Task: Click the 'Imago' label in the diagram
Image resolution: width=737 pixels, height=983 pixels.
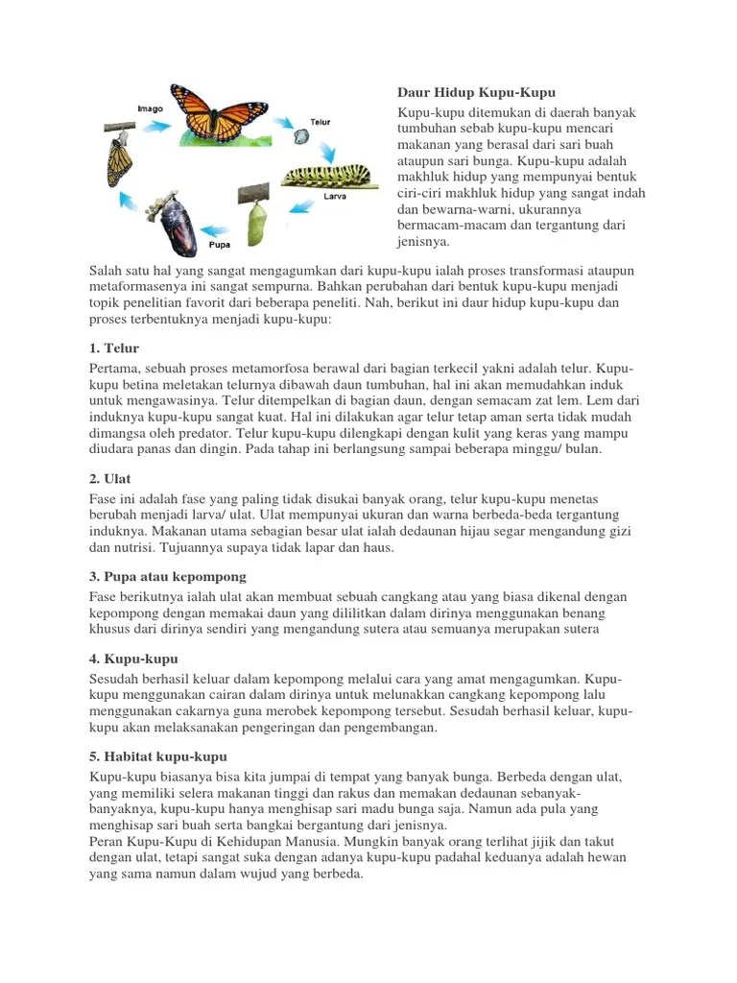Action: click(150, 109)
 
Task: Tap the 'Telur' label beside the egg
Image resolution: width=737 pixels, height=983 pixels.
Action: click(321, 123)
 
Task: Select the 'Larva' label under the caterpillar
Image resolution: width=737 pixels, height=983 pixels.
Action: click(334, 197)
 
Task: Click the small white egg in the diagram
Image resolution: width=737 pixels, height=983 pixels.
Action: click(301, 138)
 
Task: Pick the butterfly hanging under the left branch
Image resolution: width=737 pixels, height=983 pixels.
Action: click(117, 158)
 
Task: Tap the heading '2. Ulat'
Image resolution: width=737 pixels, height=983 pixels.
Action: click(110, 477)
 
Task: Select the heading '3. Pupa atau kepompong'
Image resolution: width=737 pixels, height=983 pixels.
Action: click(168, 576)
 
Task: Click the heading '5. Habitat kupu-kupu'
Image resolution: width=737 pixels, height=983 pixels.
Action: click(157, 756)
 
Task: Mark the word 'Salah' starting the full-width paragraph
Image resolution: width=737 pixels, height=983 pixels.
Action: click(107, 271)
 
